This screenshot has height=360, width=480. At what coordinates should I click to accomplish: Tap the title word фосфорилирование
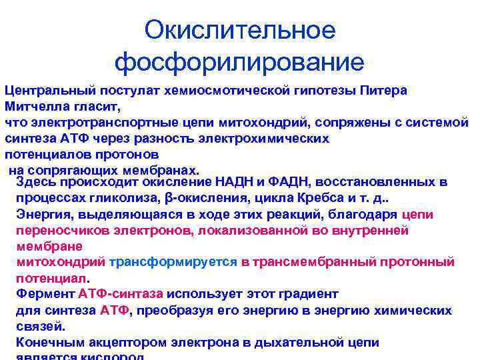[x=240, y=63]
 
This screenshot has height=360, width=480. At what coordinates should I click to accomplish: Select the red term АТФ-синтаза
[x=121, y=294]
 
